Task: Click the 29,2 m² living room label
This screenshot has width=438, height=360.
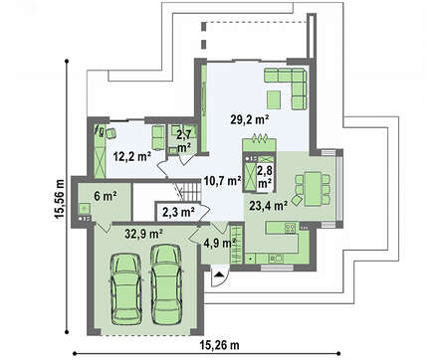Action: [250, 119]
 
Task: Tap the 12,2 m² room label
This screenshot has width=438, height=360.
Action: [132, 156]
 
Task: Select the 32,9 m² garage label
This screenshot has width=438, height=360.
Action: [143, 234]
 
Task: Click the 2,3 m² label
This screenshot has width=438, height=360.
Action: [178, 212]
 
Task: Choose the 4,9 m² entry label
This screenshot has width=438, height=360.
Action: [220, 243]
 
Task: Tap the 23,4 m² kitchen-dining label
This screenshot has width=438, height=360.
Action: [268, 206]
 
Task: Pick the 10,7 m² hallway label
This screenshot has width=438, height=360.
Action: [222, 181]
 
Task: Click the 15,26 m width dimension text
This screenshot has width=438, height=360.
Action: [219, 345]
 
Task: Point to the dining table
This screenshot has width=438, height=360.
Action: [314, 189]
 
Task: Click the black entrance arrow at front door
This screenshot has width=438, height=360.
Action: [219, 273]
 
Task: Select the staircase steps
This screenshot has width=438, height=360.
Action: [191, 191]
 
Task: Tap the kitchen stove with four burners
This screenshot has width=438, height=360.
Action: [291, 228]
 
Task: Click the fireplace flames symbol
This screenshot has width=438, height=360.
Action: [259, 138]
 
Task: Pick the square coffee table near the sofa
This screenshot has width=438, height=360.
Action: [274, 99]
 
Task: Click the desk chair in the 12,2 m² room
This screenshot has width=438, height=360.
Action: [110, 133]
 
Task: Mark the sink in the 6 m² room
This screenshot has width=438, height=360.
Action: [85, 209]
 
